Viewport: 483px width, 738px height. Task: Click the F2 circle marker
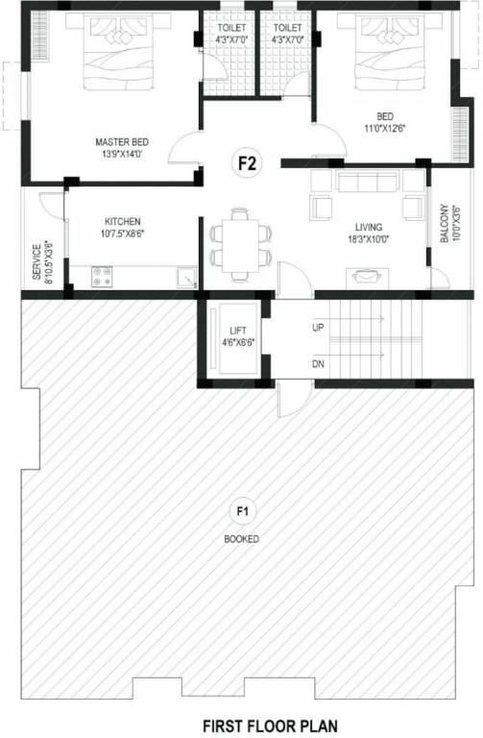click(x=247, y=162)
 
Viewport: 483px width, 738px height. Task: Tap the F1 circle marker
click(x=241, y=510)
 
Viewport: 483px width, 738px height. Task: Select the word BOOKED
click(x=241, y=539)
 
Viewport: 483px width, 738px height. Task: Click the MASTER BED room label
click(x=121, y=142)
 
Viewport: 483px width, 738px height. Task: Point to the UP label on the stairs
click(x=318, y=327)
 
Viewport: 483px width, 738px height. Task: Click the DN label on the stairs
click(x=318, y=365)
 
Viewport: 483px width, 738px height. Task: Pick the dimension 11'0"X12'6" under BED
click(x=382, y=127)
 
